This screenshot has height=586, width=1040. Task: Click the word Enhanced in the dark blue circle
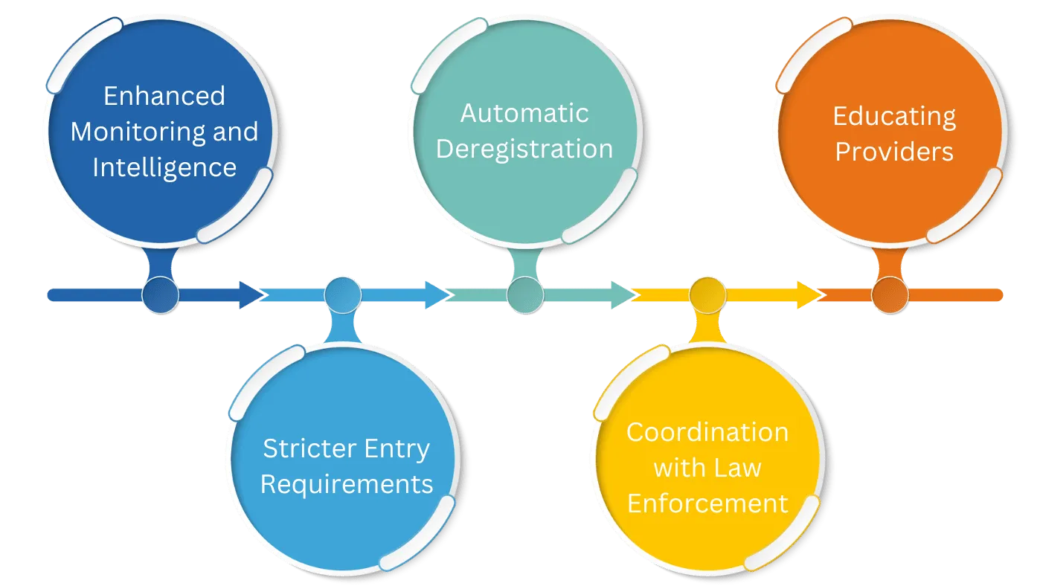[x=164, y=96]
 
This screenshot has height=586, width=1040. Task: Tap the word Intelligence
[x=164, y=167]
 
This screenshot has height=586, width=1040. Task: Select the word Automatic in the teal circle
[x=524, y=113]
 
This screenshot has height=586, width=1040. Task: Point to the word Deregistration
[x=524, y=149]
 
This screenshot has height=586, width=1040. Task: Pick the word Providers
[x=893, y=152]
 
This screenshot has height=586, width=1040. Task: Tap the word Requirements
[x=347, y=484]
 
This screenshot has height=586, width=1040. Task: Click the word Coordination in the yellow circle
[x=707, y=432]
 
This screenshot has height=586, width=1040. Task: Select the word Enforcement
[x=707, y=503]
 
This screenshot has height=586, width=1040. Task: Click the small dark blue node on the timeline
[x=160, y=295]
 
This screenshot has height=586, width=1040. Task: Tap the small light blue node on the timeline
[x=342, y=295]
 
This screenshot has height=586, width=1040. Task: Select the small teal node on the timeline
[x=525, y=295]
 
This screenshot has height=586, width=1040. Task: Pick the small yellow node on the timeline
[x=707, y=295]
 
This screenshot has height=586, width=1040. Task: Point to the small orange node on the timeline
[x=890, y=295]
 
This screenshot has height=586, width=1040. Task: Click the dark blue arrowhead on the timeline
[x=253, y=295]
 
